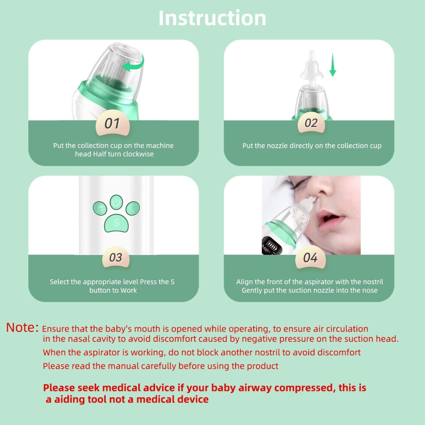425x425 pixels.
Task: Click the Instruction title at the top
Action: (x=212, y=18)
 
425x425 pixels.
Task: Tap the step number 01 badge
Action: (x=112, y=123)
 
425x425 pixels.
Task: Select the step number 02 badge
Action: (x=311, y=122)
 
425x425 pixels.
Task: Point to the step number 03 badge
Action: (x=116, y=257)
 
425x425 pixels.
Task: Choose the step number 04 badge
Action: (x=310, y=257)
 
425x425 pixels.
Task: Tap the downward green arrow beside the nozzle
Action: (x=333, y=65)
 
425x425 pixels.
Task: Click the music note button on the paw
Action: (x=100, y=209)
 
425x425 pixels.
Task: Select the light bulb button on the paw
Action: (x=133, y=208)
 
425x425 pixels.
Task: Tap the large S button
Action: (x=116, y=223)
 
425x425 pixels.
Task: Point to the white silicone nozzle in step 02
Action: (x=312, y=67)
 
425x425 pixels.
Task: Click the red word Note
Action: (x=22, y=328)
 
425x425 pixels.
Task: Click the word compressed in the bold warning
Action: (x=304, y=388)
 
